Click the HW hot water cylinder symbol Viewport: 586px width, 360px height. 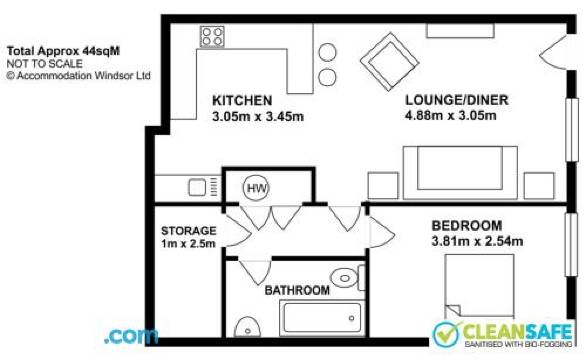click(256, 188)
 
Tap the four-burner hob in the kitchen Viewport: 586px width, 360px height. click(212, 37)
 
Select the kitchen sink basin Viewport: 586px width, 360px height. click(197, 187)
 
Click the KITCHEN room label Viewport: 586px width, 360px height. click(242, 101)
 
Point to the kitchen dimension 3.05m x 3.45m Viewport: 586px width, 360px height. click(258, 117)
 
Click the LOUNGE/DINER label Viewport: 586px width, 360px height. click(457, 100)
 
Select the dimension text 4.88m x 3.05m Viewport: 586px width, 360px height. click(451, 116)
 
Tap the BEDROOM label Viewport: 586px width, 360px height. click(467, 225)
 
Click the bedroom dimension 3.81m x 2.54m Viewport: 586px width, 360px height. click(477, 241)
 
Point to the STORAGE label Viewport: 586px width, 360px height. click(188, 230)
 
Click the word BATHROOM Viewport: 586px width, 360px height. click(297, 290)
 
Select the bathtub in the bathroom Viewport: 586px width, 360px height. click(322, 317)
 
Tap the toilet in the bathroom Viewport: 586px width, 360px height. click(347, 278)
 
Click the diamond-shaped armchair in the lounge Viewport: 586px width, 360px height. click(389, 62)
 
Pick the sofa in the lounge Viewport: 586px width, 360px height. click(460, 172)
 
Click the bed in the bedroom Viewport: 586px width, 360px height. click(479, 286)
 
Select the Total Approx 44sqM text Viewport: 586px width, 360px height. click(63, 51)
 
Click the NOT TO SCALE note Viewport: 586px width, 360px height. click(44, 63)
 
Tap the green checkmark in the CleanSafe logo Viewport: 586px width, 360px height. click(447, 333)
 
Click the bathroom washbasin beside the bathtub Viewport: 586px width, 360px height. click(247, 327)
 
